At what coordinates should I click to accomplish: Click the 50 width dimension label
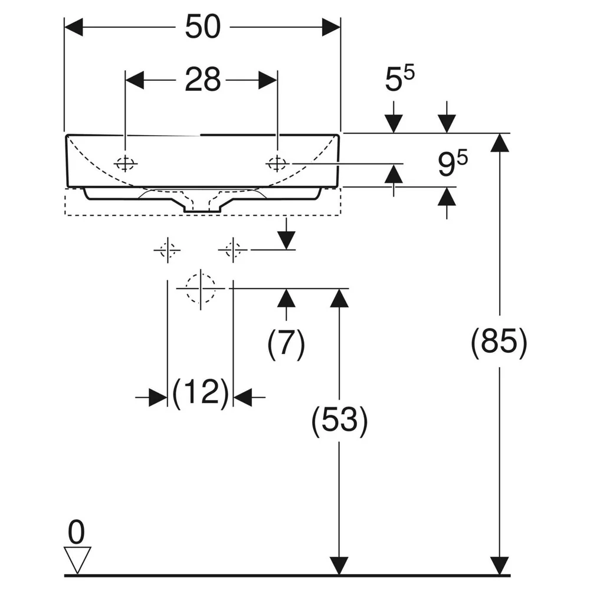(202, 27)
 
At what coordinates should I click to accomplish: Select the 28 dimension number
(202, 80)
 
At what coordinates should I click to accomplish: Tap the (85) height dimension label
(499, 342)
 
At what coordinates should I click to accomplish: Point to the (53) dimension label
(339, 420)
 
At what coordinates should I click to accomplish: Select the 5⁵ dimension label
(399, 78)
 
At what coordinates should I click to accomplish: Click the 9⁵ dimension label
(453, 163)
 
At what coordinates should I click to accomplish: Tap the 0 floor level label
(76, 532)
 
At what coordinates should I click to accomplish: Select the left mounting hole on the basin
(125, 163)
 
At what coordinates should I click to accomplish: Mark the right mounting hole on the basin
(277, 163)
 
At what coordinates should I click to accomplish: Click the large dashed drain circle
(201, 289)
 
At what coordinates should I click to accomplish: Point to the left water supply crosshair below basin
(168, 250)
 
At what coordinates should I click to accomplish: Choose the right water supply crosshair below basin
(233, 250)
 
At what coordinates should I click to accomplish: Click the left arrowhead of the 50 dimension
(74, 27)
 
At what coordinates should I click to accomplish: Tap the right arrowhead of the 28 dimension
(268, 80)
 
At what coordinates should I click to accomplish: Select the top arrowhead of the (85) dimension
(500, 143)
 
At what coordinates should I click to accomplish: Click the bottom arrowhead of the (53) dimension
(339, 566)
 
